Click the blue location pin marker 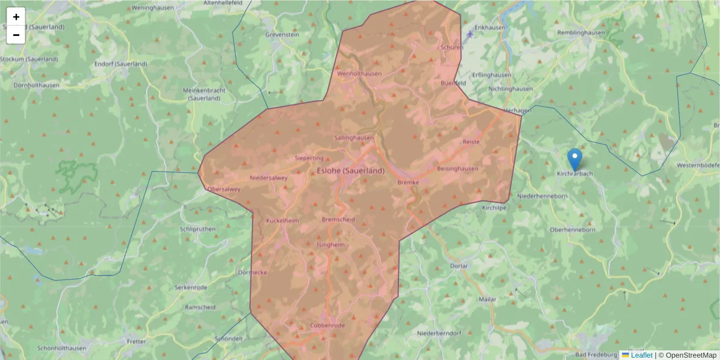point(575,159)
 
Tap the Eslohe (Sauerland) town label point(350,171)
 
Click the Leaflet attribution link point(641,355)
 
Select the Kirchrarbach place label point(575,174)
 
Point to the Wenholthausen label point(359,74)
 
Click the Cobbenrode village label point(327,325)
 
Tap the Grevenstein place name point(282,35)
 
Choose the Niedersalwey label point(268,178)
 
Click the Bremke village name point(407,182)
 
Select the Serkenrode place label point(190,287)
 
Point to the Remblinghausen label point(580,33)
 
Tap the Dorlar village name point(458,266)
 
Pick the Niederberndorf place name point(439,333)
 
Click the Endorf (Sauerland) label point(121,64)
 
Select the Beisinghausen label point(458,169)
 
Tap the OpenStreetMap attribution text point(691,355)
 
